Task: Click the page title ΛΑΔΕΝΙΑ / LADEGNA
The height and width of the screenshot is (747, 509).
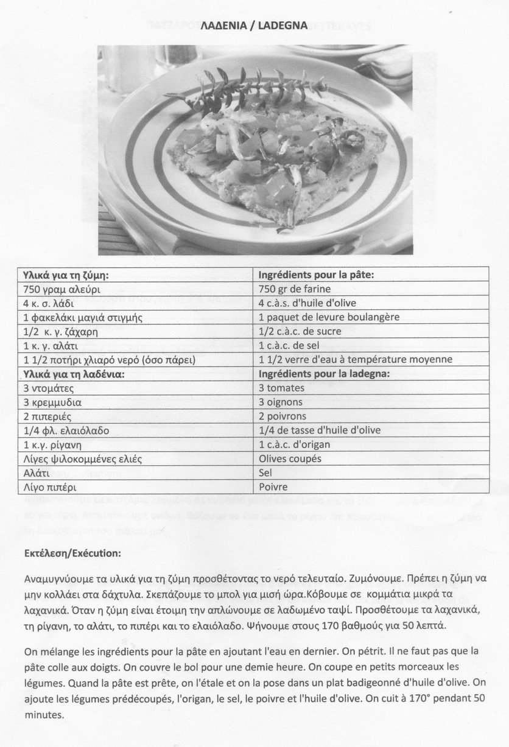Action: click(254, 26)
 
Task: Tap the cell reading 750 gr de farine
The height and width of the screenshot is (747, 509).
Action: click(295, 289)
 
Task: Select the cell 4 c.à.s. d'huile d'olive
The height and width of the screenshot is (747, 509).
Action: click(307, 303)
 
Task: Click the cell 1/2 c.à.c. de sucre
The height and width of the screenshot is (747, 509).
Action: click(300, 331)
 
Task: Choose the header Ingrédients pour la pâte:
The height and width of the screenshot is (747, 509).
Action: click(316, 275)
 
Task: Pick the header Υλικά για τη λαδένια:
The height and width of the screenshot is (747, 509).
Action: click(74, 374)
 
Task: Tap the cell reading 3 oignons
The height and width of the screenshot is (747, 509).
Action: click(281, 402)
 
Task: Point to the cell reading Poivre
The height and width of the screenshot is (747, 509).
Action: click(273, 486)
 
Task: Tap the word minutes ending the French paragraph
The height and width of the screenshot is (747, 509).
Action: click(44, 715)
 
